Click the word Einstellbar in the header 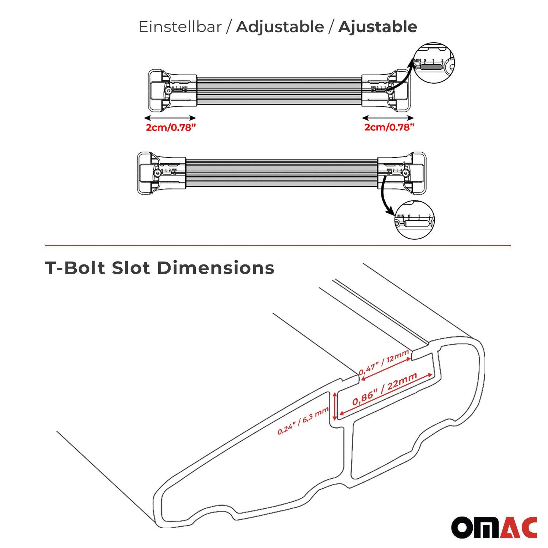coord(180,27)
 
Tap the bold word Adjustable coord(280,27)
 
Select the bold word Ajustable coord(377,27)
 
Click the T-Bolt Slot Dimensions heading coord(160,268)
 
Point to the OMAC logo coord(494,528)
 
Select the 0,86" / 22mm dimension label coord(385,389)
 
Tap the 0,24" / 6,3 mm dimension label coord(303,421)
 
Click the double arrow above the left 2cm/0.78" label coord(170,118)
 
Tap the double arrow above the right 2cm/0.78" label coord(388,118)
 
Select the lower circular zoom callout coord(415,220)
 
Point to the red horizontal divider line coord(278,246)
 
